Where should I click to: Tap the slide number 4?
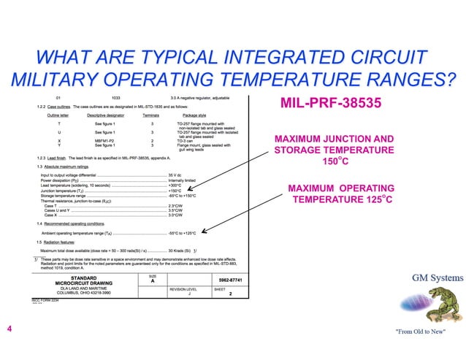[9, 330]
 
